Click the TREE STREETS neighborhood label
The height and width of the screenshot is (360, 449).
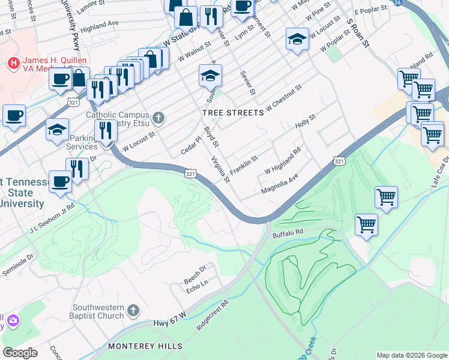click(x=233, y=113)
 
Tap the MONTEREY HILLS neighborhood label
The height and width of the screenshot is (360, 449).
click(x=145, y=346)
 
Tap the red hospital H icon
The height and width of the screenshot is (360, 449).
click(x=12, y=63)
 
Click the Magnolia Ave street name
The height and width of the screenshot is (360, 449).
click(x=279, y=184)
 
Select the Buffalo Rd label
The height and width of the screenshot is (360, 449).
click(x=288, y=232)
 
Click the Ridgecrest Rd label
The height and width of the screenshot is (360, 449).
click(x=213, y=315)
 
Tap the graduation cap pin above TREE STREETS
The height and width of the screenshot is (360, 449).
click(x=210, y=76)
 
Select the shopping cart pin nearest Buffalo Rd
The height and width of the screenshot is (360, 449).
click(x=366, y=226)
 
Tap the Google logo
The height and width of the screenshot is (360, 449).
click(x=20, y=353)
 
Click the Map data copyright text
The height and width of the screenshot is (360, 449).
click(x=411, y=355)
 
